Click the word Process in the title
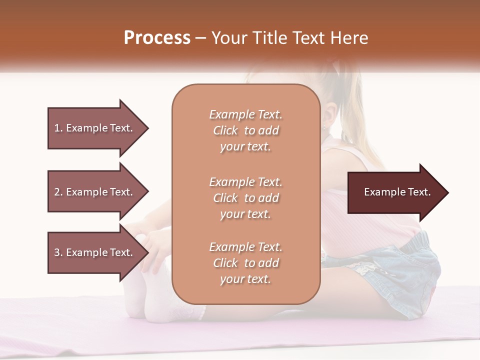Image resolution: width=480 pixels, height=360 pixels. click(x=157, y=38)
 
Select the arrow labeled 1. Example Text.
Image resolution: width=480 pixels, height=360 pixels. click(x=95, y=128)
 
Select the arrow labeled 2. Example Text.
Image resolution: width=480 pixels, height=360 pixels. click(x=95, y=192)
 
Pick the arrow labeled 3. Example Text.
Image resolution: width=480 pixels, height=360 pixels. click(x=95, y=252)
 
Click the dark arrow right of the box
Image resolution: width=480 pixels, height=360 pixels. click(x=395, y=192)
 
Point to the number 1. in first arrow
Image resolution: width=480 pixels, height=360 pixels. click(x=58, y=128)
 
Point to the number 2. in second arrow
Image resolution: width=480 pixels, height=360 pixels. click(x=58, y=192)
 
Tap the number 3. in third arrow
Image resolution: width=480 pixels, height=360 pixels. click(x=58, y=252)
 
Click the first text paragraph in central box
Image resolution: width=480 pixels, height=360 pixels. click(x=245, y=130)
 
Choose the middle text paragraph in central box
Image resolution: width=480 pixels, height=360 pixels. click(x=245, y=198)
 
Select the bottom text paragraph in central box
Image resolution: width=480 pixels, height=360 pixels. click(x=245, y=263)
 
